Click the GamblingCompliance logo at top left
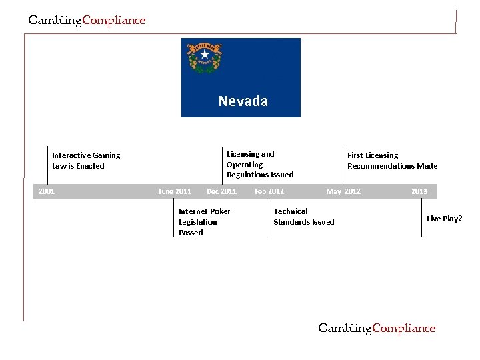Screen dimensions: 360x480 87,20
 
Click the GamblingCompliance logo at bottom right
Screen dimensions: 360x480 377,328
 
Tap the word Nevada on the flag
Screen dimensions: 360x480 243,101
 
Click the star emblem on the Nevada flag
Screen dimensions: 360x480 204,55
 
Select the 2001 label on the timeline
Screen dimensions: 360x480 47,191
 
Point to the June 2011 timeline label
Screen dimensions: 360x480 175,191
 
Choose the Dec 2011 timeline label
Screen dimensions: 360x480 221,191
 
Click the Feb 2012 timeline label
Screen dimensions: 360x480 269,191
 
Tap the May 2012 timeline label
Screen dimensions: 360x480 343,191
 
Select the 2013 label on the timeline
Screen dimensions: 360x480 419,191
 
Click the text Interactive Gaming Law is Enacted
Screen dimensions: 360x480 86,161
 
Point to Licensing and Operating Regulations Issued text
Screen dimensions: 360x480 259,164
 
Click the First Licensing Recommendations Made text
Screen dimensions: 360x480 392,161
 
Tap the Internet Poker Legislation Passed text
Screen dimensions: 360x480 204,222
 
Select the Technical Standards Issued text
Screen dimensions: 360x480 303,217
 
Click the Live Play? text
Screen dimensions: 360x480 444,219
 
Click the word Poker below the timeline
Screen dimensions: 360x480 219,211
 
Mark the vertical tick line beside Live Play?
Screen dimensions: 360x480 421,218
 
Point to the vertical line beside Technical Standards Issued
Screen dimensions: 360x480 269,218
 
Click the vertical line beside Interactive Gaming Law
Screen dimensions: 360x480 47,163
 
